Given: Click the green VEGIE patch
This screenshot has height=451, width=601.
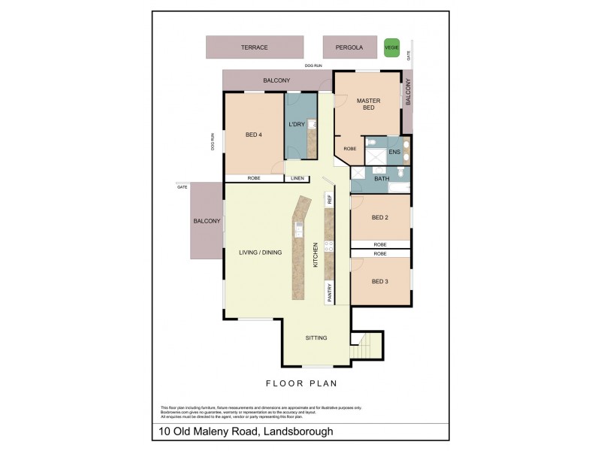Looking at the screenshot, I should tap(391, 47).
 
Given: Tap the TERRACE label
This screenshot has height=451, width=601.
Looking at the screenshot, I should tap(254, 47).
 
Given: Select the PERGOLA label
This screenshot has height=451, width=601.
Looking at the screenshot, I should tap(349, 47).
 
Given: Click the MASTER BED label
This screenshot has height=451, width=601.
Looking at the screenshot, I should tap(368, 104).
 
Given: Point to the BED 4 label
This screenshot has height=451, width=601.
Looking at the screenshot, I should tap(254, 135).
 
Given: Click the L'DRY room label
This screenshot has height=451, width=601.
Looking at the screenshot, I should tap(296, 125).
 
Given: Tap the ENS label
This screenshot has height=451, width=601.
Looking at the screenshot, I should tap(394, 153).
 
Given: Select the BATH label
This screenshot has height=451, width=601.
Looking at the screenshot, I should tap(382, 179).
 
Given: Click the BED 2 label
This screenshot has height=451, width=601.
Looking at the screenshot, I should tap(380, 218).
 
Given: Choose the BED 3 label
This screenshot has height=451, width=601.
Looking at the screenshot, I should tap(380, 281).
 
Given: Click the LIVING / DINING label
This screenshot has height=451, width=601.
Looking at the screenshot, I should tap(260, 253).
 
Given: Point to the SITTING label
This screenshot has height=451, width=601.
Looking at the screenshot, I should tap(316, 338).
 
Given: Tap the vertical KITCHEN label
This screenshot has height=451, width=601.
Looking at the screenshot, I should tap(316, 255).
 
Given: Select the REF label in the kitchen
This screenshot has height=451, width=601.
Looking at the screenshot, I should tap(329, 199).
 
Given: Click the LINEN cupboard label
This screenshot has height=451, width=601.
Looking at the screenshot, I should tap(297, 179).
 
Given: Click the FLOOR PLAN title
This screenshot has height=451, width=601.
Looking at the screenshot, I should tap(300, 383).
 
